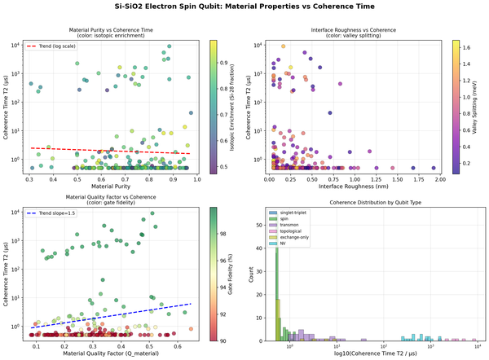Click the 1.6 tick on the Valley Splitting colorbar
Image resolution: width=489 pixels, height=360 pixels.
click(463, 48)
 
